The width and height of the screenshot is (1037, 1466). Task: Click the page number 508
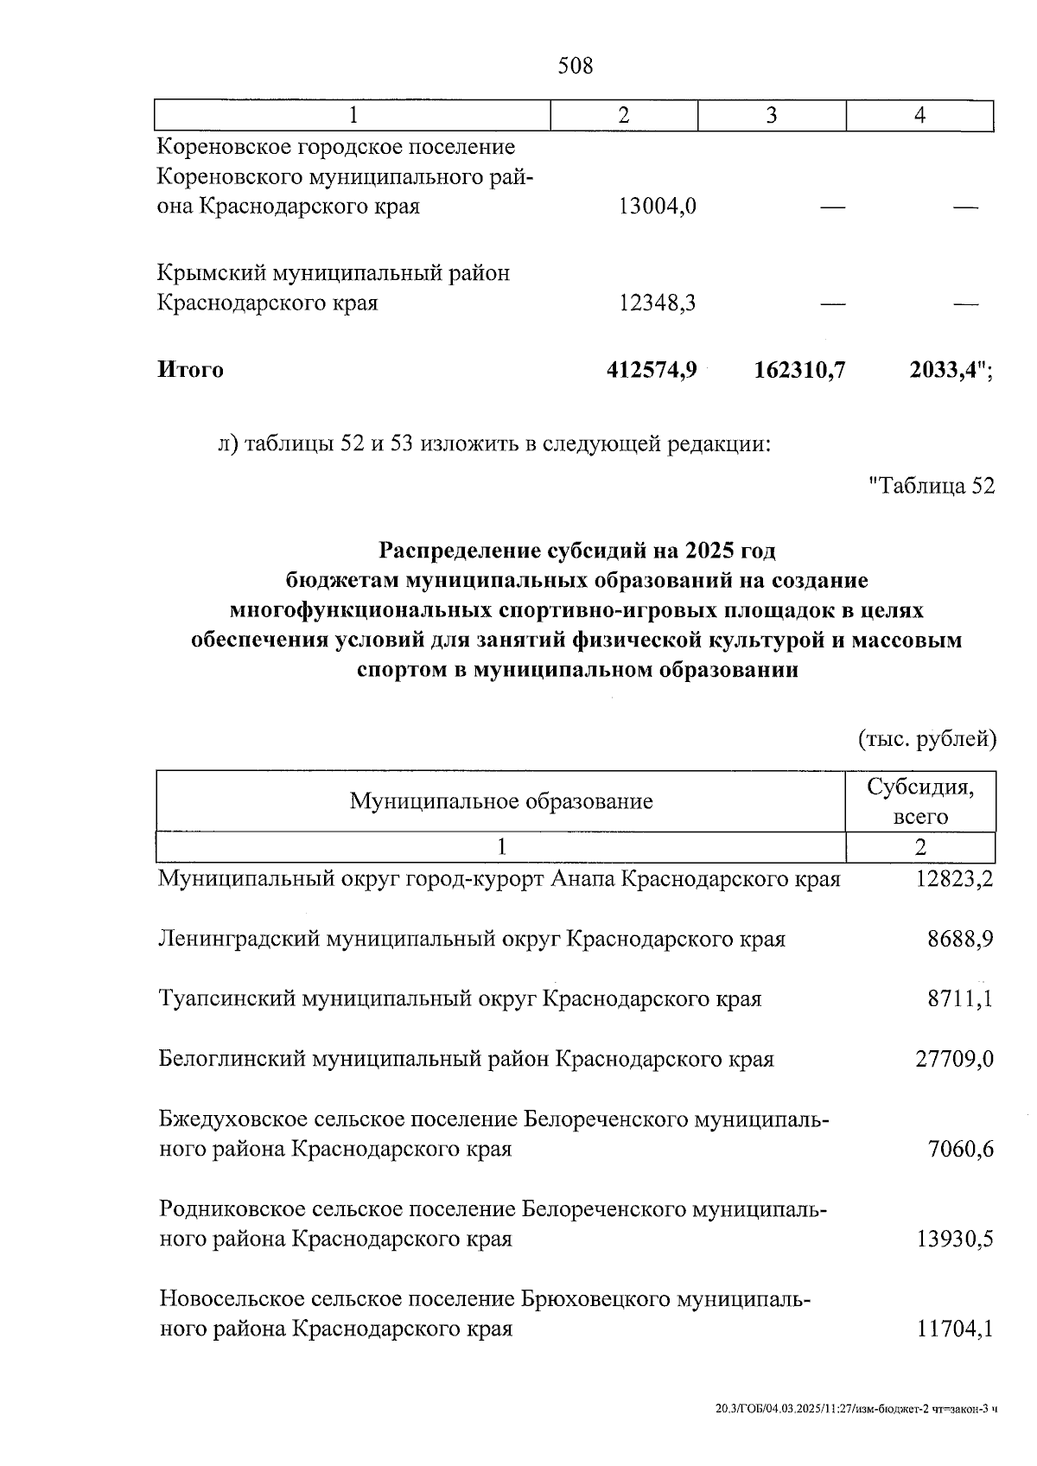576,65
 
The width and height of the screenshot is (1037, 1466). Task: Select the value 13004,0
658,207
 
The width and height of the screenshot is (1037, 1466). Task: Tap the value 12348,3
658,303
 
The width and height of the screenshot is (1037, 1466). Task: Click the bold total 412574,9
652,370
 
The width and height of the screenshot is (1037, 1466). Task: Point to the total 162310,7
798,370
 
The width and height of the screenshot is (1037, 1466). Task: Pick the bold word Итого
190,370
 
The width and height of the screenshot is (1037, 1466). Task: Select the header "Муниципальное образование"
500,801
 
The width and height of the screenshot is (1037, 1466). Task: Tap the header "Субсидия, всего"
920,801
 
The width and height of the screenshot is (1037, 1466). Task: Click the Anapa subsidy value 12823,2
954,880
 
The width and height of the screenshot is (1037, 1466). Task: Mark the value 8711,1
960,999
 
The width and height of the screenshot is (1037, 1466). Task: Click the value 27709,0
954,1059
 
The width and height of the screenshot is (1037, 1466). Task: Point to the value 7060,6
959,1150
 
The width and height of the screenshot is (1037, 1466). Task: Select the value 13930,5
954,1240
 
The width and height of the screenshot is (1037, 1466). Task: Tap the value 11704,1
954,1329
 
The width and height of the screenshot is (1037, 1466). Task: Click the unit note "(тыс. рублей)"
926,739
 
